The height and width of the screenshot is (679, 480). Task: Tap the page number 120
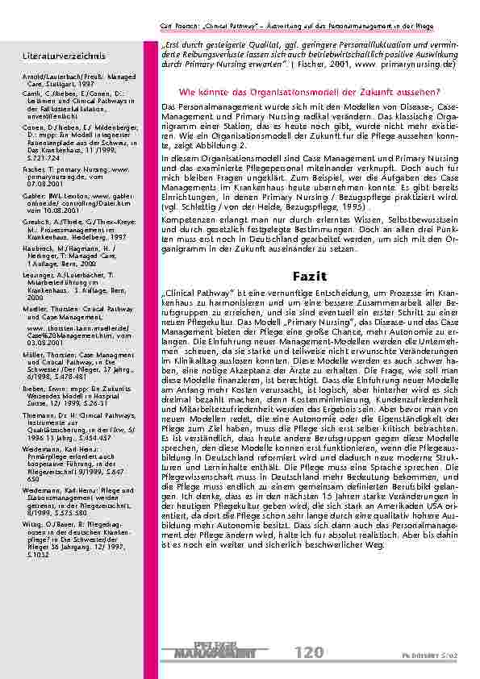[x=309, y=652]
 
